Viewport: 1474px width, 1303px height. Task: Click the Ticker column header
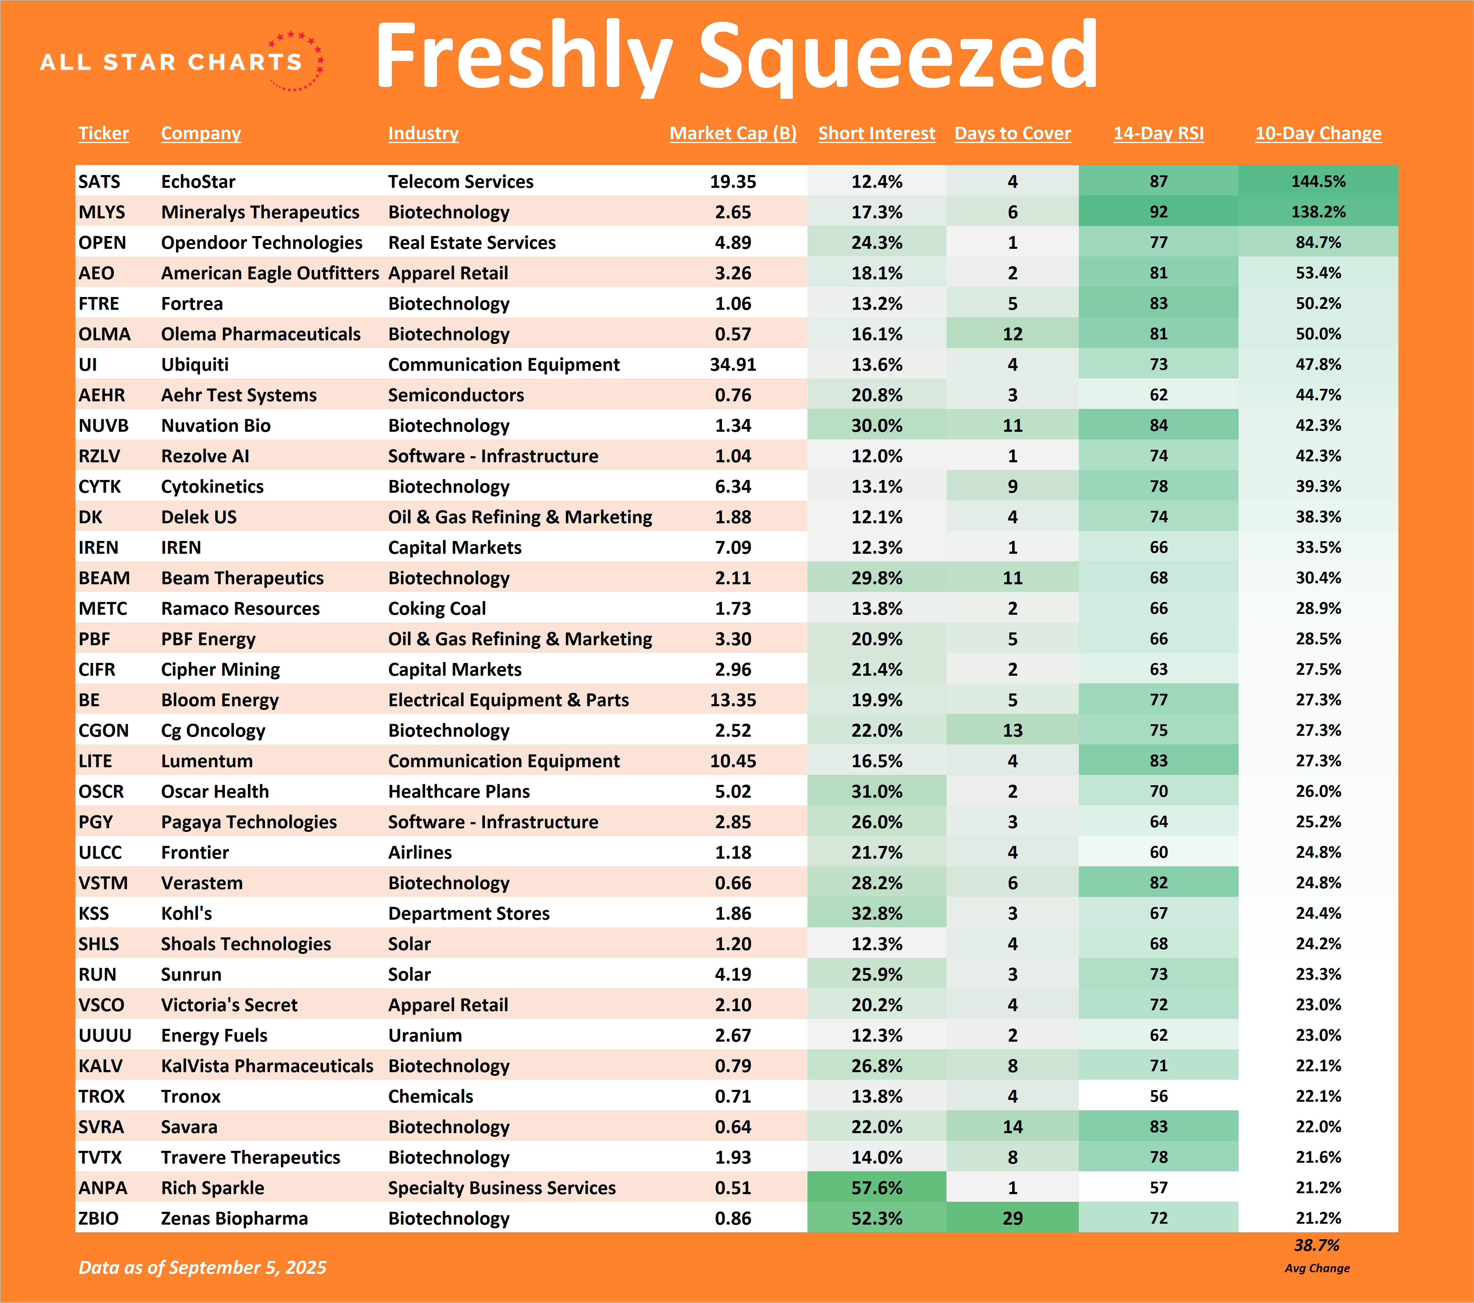103,133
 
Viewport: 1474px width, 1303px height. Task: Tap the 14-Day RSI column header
1158,133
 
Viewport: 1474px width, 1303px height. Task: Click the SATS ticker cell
99,182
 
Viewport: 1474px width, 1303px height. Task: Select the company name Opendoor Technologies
261,242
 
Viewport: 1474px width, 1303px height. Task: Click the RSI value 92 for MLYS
1158,212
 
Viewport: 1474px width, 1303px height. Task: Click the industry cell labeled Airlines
420,852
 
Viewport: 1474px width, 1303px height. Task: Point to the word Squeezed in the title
897,56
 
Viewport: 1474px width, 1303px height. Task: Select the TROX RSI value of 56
1158,1096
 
